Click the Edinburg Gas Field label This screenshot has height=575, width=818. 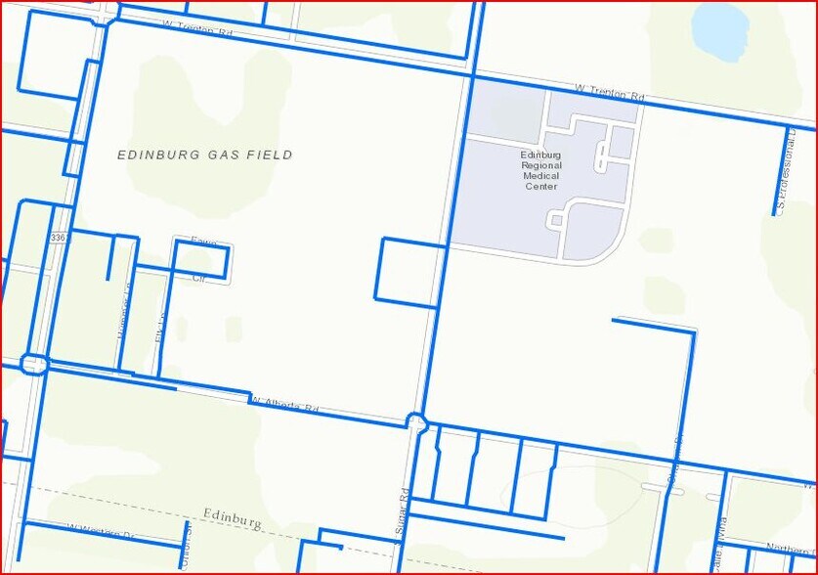pos(204,155)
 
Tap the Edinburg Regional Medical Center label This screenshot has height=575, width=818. pos(540,170)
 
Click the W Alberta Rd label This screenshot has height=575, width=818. pos(284,405)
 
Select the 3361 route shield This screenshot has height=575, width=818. pos(59,238)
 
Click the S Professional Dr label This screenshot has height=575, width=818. pos(781,176)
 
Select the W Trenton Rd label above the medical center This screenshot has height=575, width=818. pos(611,93)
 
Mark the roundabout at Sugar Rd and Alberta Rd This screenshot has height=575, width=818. pos(417,422)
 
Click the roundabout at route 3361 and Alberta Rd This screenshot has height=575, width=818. pos(34,365)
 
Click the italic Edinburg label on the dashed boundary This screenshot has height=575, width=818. pos(233,518)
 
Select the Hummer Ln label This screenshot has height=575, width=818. pos(123,313)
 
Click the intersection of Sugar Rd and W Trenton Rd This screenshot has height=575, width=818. pos(474,75)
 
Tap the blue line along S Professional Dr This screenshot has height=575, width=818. pos(788,171)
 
